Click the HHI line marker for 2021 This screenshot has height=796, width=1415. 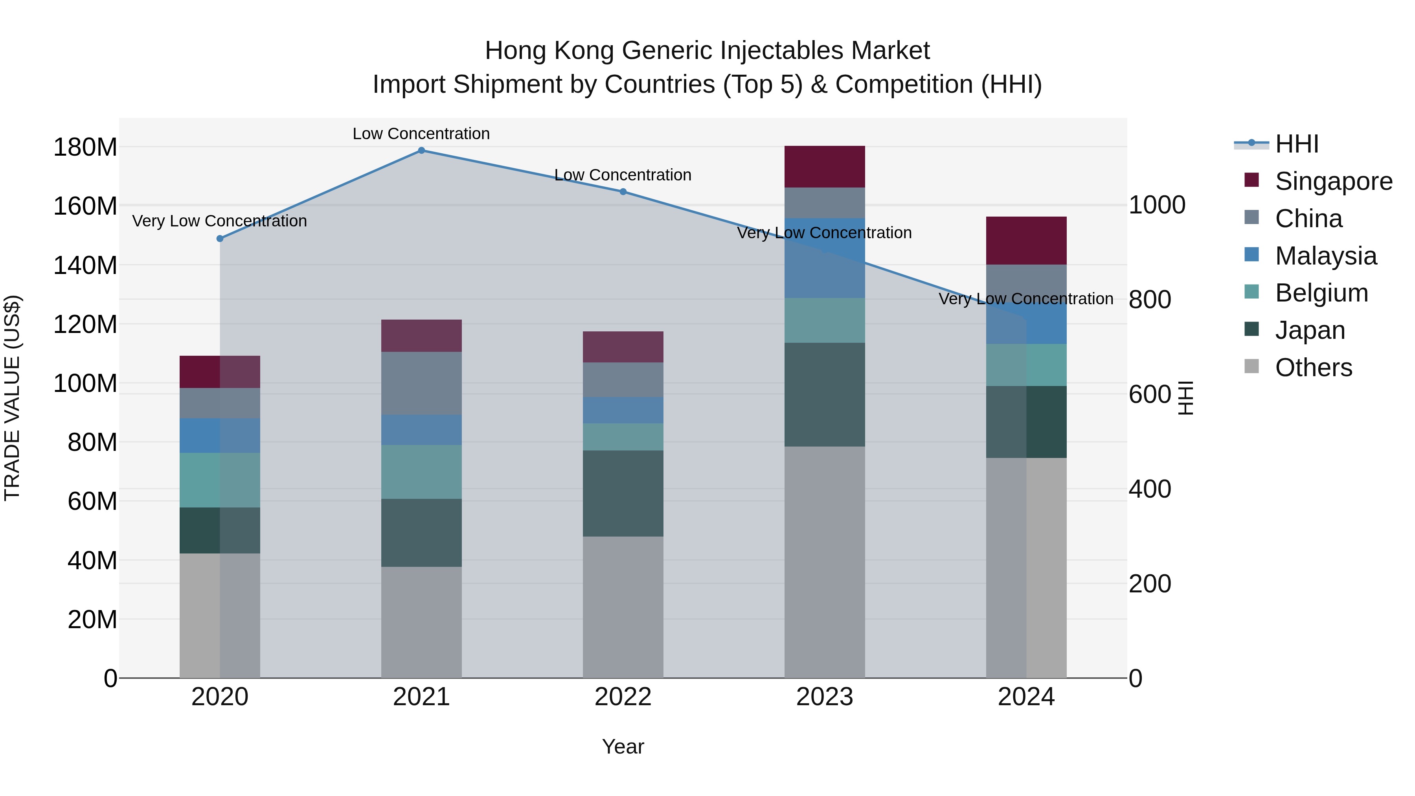pyautogui.click(x=421, y=151)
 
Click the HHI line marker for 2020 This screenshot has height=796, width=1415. pyautogui.click(x=220, y=239)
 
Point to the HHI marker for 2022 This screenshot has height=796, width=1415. pyautogui.click(x=623, y=192)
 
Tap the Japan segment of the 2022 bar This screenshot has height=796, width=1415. pyautogui.click(x=623, y=493)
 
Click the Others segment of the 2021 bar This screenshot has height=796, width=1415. pyautogui.click(x=421, y=622)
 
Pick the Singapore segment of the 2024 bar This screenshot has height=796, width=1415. pyautogui.click(x=1026, y=241)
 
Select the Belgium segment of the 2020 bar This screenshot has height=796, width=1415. pyautogui.click(x=220, y=480)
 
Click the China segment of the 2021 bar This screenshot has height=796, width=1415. pyautogui.click(x=421, y=383)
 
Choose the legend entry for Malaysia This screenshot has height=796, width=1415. pyautogui.click(x=1325, y=256)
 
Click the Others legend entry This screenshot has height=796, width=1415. pyautogui.click(x=1313, y=368)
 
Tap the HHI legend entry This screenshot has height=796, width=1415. pyautogui.click(x=1296, y=144)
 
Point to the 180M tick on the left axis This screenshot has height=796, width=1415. pyautogui.click(x=85, y=147)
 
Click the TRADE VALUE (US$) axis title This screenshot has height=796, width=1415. pyautogui.click(x=12, y=398)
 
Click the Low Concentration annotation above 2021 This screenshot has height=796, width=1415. pyautogui.click(x=421, y=134)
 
